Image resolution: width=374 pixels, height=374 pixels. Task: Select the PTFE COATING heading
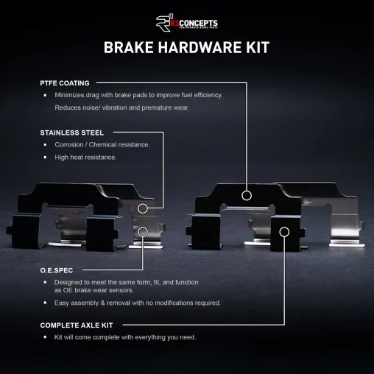click(x=65, y=83)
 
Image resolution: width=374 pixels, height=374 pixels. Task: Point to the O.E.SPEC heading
click(x=56, y=270)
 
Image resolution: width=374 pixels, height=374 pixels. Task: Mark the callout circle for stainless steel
click(x=143, y=209)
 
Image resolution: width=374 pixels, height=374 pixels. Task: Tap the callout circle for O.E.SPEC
click(x=143, y=233)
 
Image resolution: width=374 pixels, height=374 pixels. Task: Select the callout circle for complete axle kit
click(x=284, y=233)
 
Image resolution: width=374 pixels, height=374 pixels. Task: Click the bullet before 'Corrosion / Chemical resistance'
click(x=46, y=145)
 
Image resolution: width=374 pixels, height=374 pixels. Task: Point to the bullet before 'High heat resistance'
click(x=46, y=158)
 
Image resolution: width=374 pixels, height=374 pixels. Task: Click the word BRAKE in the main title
click(x=127, y=48)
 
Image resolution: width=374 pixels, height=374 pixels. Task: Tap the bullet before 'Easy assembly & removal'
click(x=46, y=303)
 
